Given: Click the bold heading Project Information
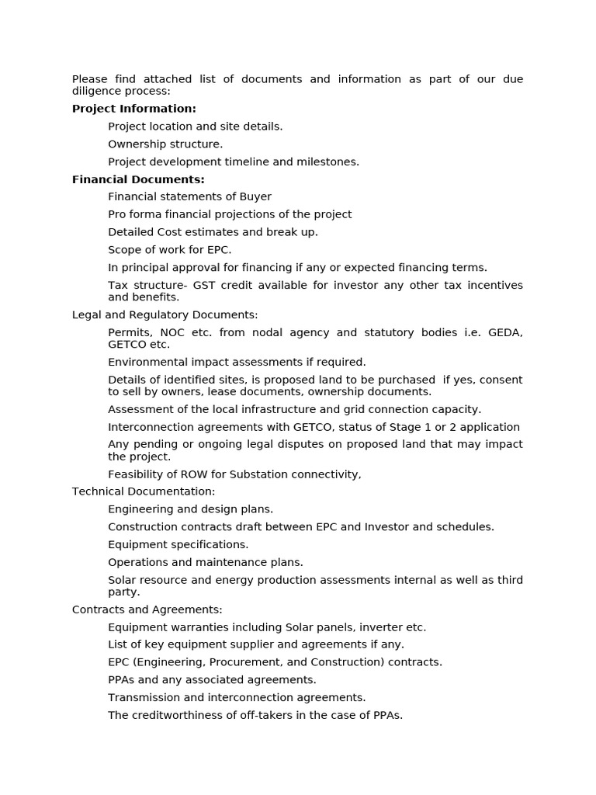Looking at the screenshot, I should [133, 109].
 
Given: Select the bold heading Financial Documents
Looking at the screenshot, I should [138, 179].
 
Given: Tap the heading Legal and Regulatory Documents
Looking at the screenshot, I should [165, 314].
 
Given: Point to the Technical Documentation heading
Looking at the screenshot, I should [143, 491].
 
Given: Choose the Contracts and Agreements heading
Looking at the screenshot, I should [147, 609].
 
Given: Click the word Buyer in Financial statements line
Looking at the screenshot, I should [255, 196].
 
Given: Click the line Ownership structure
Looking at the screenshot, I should [165, 144].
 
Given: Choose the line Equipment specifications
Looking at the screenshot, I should [178, 544].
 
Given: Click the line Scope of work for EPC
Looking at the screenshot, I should [169, 249].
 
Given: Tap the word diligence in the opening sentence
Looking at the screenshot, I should [96, 91].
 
